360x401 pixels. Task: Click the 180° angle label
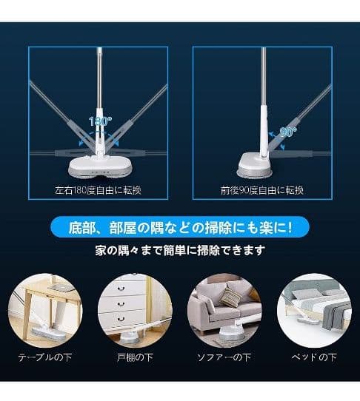point(100,121)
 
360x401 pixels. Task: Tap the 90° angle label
point(288,132)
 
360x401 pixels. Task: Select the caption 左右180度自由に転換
point(99,190)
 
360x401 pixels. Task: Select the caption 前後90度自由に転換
point(262,190)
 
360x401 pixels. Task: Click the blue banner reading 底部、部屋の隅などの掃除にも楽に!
point(180,227)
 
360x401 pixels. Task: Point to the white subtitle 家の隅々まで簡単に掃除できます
point(180,250)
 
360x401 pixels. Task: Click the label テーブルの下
point(45,357)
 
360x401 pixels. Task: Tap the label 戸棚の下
point(135,357)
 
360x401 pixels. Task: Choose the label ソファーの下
point(224,357)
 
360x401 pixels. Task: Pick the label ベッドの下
point(314,357)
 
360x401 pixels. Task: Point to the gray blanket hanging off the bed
point(334,315)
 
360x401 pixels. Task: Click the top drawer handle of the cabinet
point(121,289)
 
